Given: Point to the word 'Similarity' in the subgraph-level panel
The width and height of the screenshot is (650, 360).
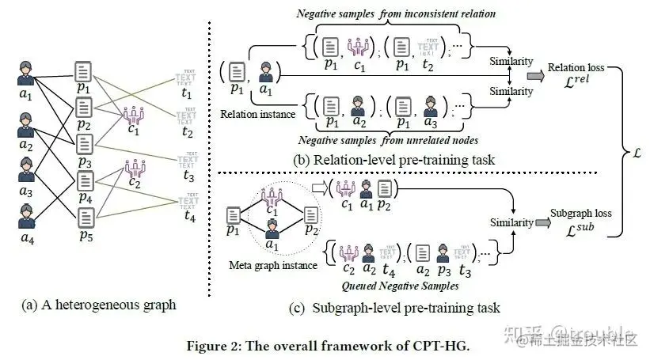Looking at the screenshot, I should click(x=511, y=222).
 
